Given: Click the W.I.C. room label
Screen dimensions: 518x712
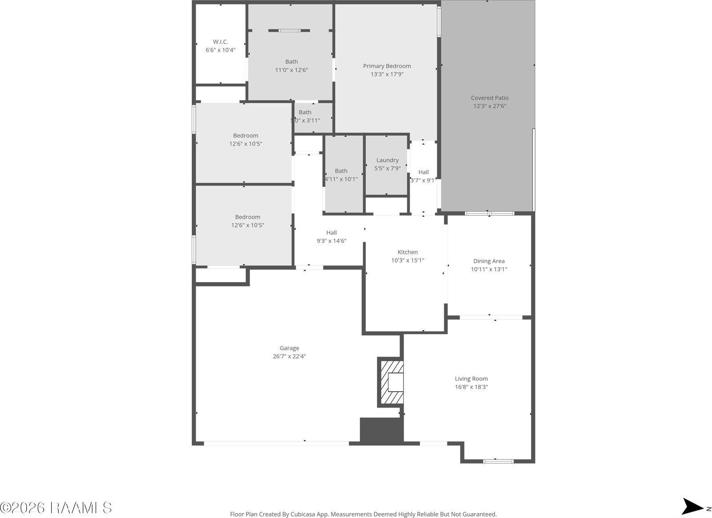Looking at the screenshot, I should [220, 42].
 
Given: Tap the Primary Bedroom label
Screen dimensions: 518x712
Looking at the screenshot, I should [387, 66].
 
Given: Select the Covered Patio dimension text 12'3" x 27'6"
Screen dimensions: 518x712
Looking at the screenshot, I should [489, 106].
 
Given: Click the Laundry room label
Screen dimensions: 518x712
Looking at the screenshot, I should [387, 160].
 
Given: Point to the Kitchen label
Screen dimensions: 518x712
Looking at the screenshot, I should [408, 252].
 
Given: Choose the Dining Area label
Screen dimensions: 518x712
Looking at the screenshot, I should [489, 261].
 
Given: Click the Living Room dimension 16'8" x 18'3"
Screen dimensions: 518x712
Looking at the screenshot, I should [471, 387].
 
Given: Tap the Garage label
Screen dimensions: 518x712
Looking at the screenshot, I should [289, 348].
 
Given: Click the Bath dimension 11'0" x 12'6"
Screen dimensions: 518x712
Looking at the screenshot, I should [291, 70].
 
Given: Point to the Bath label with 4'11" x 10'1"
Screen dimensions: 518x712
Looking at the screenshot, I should [341, 171].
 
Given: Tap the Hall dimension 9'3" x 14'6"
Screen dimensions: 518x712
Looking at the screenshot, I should [331, 241].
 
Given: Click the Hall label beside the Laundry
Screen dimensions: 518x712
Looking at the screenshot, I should [424, 172].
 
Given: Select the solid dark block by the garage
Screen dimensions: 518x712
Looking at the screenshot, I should [381, 430].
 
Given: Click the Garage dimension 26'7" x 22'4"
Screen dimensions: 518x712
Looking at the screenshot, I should [289, 356].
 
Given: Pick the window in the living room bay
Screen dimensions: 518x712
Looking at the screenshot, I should [498, 461].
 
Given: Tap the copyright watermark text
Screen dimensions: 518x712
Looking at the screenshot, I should [56, 507].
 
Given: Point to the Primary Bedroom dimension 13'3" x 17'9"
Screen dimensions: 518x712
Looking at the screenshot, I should [387, 74].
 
